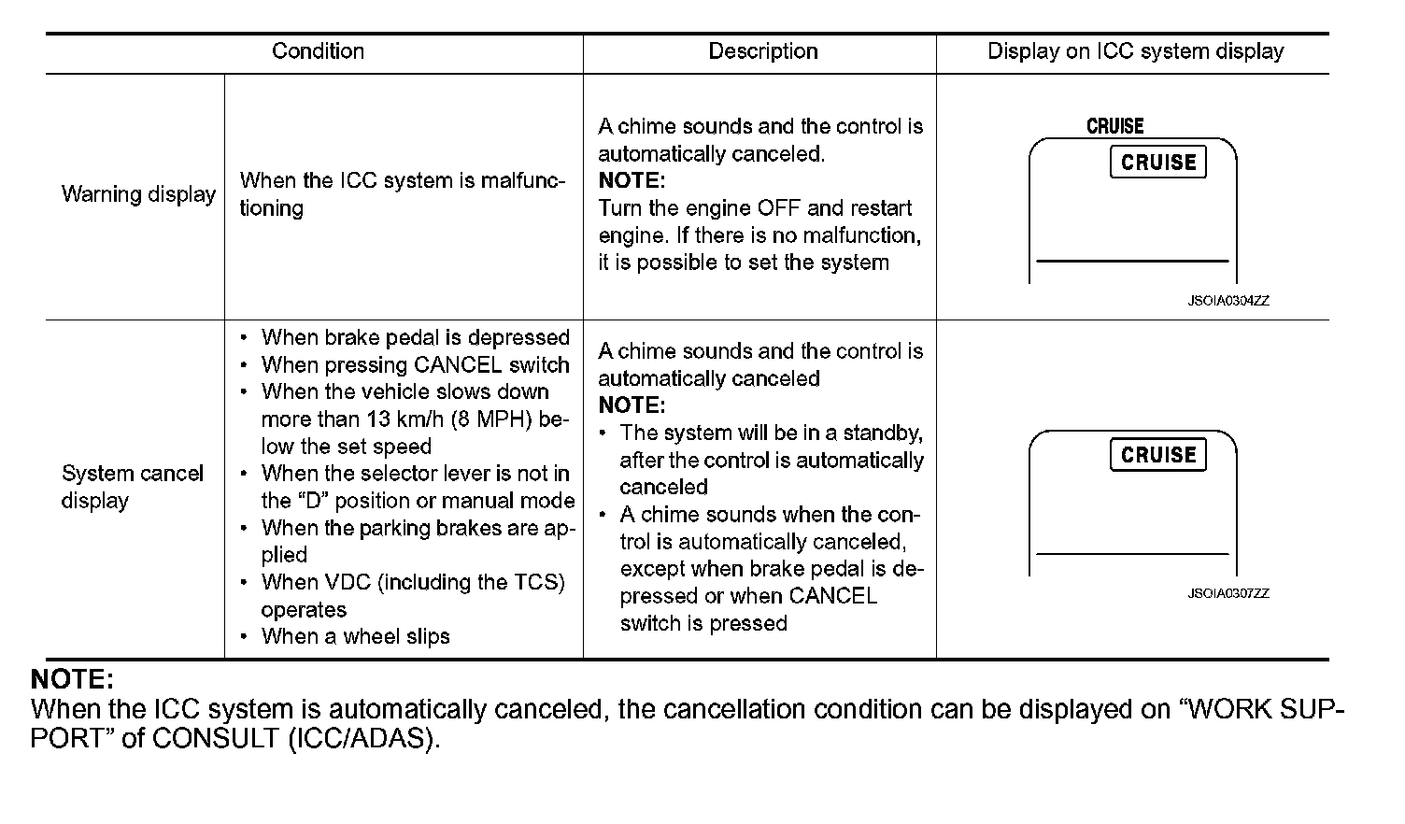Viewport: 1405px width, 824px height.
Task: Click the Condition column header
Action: [318, 51]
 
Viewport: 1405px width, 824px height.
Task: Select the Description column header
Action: [762, 51]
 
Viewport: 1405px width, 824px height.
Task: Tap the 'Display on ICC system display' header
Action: [1135, 51]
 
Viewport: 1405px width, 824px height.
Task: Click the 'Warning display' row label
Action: [138, 194]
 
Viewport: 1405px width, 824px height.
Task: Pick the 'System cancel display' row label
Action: [132, 487]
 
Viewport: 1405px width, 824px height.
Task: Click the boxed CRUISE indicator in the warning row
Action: [1158, 163]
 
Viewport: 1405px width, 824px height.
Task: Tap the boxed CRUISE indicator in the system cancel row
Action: [1158, 455]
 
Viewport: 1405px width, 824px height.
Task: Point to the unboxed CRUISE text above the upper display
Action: [1114, 126]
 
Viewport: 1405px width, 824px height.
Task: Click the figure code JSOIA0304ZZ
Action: [1228, 301]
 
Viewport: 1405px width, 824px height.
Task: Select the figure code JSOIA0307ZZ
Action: [1228, 593]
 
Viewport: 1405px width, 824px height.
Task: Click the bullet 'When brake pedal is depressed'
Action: [415, 337]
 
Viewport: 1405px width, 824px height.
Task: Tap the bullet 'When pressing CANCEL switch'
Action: [415, 364]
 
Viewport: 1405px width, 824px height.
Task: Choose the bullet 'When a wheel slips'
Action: [355, 636]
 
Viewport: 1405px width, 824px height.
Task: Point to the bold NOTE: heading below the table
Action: [72, 679]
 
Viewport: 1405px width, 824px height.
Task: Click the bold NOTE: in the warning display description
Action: [632, 180]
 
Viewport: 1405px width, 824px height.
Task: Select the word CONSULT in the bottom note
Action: [213, 738]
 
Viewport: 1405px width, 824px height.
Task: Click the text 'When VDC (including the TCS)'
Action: [413, 582]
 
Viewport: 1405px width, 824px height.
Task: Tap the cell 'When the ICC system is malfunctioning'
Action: [402, 194]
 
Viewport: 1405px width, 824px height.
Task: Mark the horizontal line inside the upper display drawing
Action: [1132, 261]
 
